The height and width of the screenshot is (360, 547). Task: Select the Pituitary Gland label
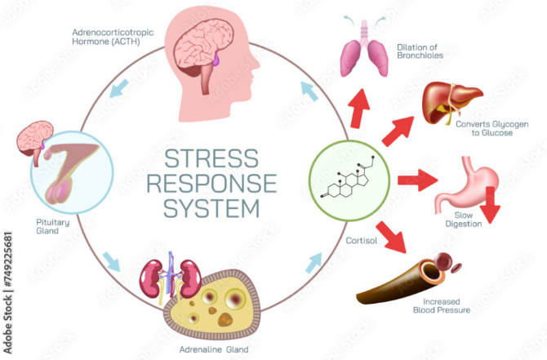(53, 226)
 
